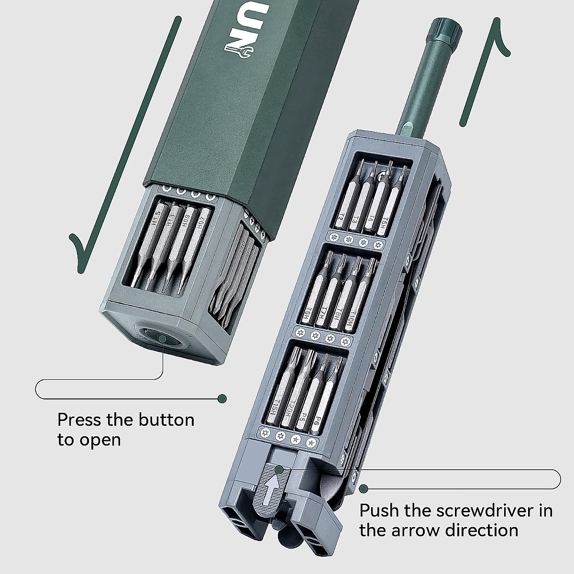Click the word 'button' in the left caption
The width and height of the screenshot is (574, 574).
[166, 420]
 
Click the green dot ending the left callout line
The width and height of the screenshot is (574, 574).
[222, 398]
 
